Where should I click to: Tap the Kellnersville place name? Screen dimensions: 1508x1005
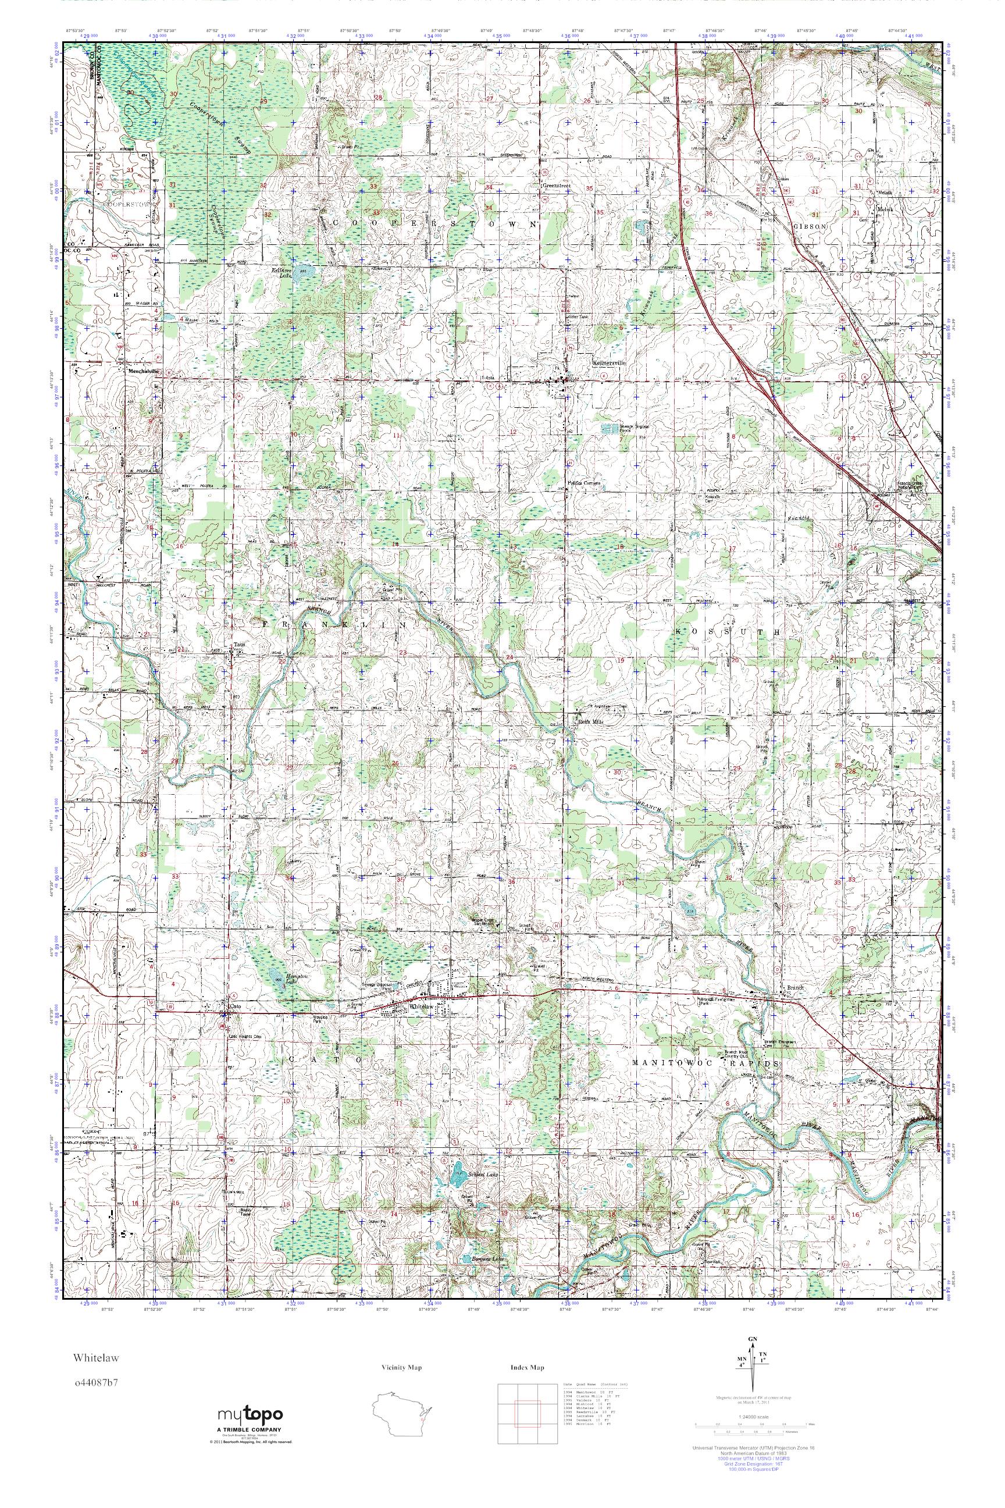pyautogui.click(x=608, y=362)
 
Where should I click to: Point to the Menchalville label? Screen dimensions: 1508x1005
pyautogui.click(x=144, y=371)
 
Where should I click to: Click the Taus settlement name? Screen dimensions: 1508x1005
pyautogui.click(x=239, y=645)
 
